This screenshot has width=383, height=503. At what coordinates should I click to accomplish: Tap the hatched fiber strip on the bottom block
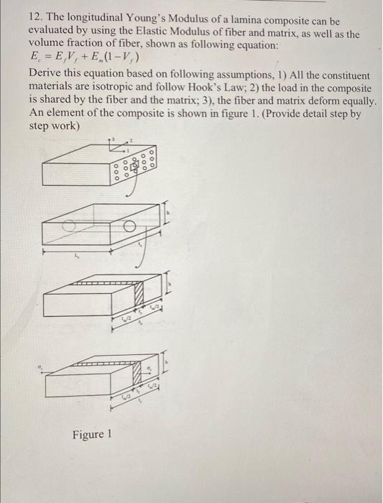point(137,374)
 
